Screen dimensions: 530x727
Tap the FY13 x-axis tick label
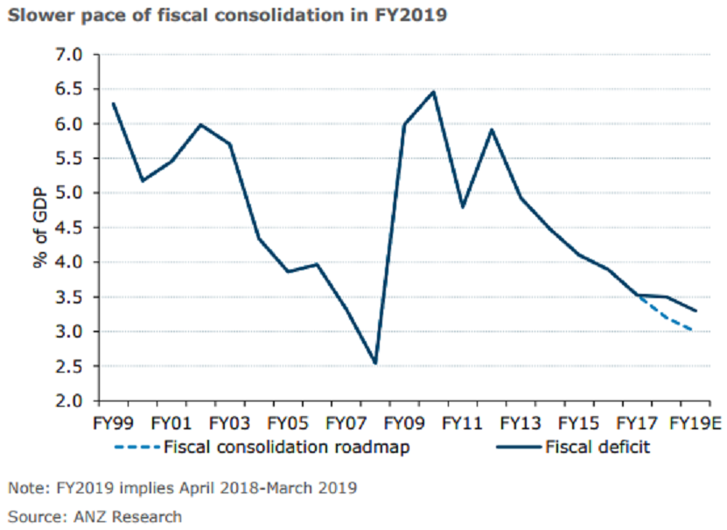[x=521, y=424]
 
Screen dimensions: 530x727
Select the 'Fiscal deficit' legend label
[x=598, y=448]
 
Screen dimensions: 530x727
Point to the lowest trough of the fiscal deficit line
[x=374, y=363]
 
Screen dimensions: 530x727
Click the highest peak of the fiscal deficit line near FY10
[x=433, y=91]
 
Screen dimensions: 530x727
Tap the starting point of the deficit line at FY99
[x=114, y=104]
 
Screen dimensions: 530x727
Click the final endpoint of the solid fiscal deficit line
[x=696, y=310]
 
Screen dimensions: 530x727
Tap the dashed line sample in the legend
[x=136, y=448]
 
